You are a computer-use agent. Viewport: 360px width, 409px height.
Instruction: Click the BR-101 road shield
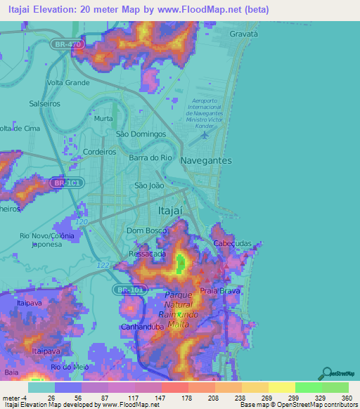pyautogui.click(x=127, y=289)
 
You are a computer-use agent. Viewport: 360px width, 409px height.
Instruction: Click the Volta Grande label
pyautogui.click(x=67, y=82)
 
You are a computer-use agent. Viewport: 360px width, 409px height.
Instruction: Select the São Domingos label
pyautogui.click(x=140, y=134)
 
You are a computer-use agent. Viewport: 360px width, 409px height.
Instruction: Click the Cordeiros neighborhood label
pyautogui.click(x=99, y=151)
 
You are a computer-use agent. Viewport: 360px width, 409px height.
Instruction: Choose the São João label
pyautogui.click(x=149, y=186)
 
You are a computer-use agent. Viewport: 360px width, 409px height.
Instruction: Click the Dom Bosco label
pyautogui.click(x=146, y=230)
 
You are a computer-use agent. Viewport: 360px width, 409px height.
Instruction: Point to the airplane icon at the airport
pyautogui.click(x=205, y=135)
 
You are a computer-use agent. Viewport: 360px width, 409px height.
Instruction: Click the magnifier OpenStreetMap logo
pyautogui.click(x=326, y=374)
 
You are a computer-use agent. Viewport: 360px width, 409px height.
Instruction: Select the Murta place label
pyautogui.click(x=103, y=119)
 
